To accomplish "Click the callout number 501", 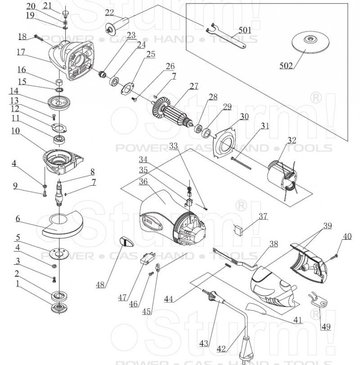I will point(245,30).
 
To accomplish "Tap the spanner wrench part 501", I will point(227,38).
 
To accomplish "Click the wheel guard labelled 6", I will point(58,225).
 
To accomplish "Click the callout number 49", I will point(326,327).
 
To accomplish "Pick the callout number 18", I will point(22,36).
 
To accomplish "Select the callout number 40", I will point(347,236).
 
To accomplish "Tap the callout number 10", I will point(16,131).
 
